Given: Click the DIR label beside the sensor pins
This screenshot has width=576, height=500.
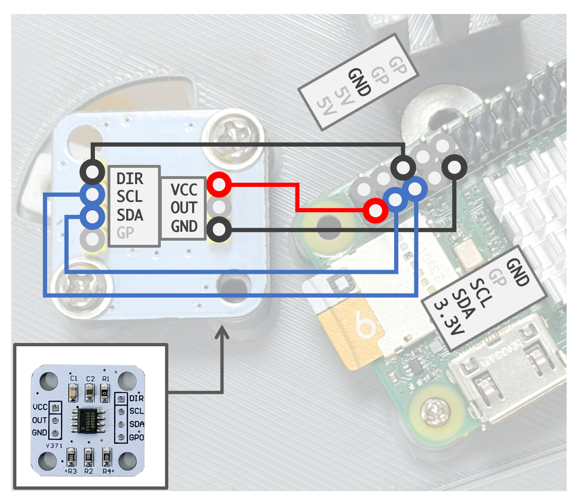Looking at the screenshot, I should click(x=130, y=179).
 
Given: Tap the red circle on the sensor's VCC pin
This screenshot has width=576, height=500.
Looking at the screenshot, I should click(x=219, y=185).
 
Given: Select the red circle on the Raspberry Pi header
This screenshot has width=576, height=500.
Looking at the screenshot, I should click(x=375, y=211).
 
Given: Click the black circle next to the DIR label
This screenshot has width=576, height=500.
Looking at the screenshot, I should click(x=93, y=171).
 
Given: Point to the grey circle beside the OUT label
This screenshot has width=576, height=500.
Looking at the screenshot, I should click(x=219, y=207).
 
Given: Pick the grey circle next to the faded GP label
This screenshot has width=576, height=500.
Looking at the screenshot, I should click(x=93, y=239).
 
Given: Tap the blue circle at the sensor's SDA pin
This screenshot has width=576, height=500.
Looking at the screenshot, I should click(x=93, y=216).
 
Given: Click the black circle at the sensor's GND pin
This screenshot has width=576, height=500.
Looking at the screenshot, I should click(x=219, y=229).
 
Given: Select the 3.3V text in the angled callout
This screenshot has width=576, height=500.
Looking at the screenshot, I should click(x=448, y=318).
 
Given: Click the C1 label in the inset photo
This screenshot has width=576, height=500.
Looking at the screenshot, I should click(x=73, y=379).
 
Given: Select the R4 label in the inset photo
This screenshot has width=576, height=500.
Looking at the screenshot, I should click(x=107, y=471).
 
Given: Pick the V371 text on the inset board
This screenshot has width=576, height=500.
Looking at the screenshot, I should click(x=54, y=446).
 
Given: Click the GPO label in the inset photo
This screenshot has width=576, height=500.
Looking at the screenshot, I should click(x=137, y=437).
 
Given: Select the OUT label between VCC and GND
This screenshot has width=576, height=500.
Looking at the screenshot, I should click(x=183, y=207).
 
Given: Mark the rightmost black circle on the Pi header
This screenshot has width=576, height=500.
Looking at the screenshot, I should click(x=454, y=167).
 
